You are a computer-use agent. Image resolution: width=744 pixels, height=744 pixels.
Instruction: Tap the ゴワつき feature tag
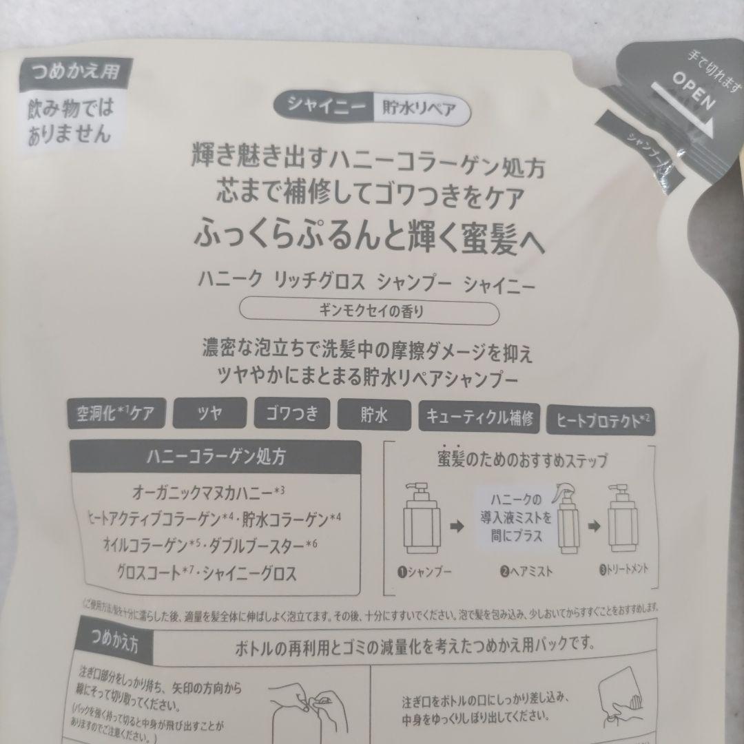click(x=291, y=414)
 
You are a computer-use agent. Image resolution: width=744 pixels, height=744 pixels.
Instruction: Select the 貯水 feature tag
click(x=371, y=414)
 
